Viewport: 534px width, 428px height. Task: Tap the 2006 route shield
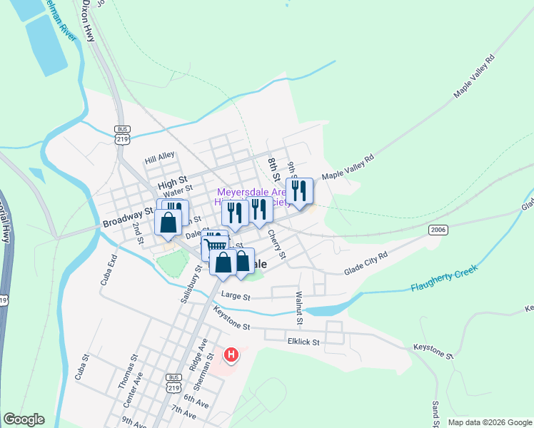[438, 230]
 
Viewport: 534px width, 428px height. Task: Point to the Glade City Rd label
[365, 265]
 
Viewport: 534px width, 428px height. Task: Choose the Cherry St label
[277, 244]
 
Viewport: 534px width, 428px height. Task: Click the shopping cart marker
[213, 246]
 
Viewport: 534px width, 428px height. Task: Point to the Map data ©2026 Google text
[489, 422]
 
